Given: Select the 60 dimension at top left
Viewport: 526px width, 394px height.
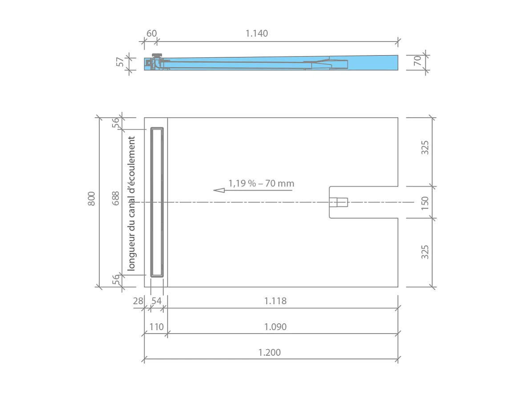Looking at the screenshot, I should click(x=151, y=33).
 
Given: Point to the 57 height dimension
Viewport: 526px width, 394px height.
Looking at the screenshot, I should click(x=120, y=62).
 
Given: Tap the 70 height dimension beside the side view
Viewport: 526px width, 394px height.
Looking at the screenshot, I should click(x=417, y=61).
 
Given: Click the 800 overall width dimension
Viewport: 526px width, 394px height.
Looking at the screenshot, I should click(x=92, y=198).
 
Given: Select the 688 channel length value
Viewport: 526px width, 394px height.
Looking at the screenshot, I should click(x=116, y=198).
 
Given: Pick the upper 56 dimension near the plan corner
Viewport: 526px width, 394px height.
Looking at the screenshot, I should click(x=116, y=123).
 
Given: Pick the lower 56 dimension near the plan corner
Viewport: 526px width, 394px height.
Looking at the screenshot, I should click(x=116, y=280).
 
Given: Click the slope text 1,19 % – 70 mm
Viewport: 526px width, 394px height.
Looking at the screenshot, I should click(x=261, y=183).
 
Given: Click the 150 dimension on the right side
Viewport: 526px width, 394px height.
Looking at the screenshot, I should click(x=425, y=203).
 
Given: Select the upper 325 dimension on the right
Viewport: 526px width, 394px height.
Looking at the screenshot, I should click(x=425, y=147).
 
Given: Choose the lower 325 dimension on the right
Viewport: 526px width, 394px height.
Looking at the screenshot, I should click(x=425, y=252).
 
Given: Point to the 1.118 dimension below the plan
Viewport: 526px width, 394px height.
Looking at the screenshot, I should click(x=275, y=301).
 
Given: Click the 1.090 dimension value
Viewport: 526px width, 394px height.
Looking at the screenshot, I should click(x=275, y=327).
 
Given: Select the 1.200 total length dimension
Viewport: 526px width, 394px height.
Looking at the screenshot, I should click(x=269, y=353).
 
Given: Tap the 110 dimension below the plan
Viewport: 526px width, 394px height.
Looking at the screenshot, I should click(x=156, y=327).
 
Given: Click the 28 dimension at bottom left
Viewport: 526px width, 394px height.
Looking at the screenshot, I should click(x=138, y=301).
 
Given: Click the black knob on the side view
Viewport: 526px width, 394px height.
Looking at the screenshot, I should click(x=158, y=55).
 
